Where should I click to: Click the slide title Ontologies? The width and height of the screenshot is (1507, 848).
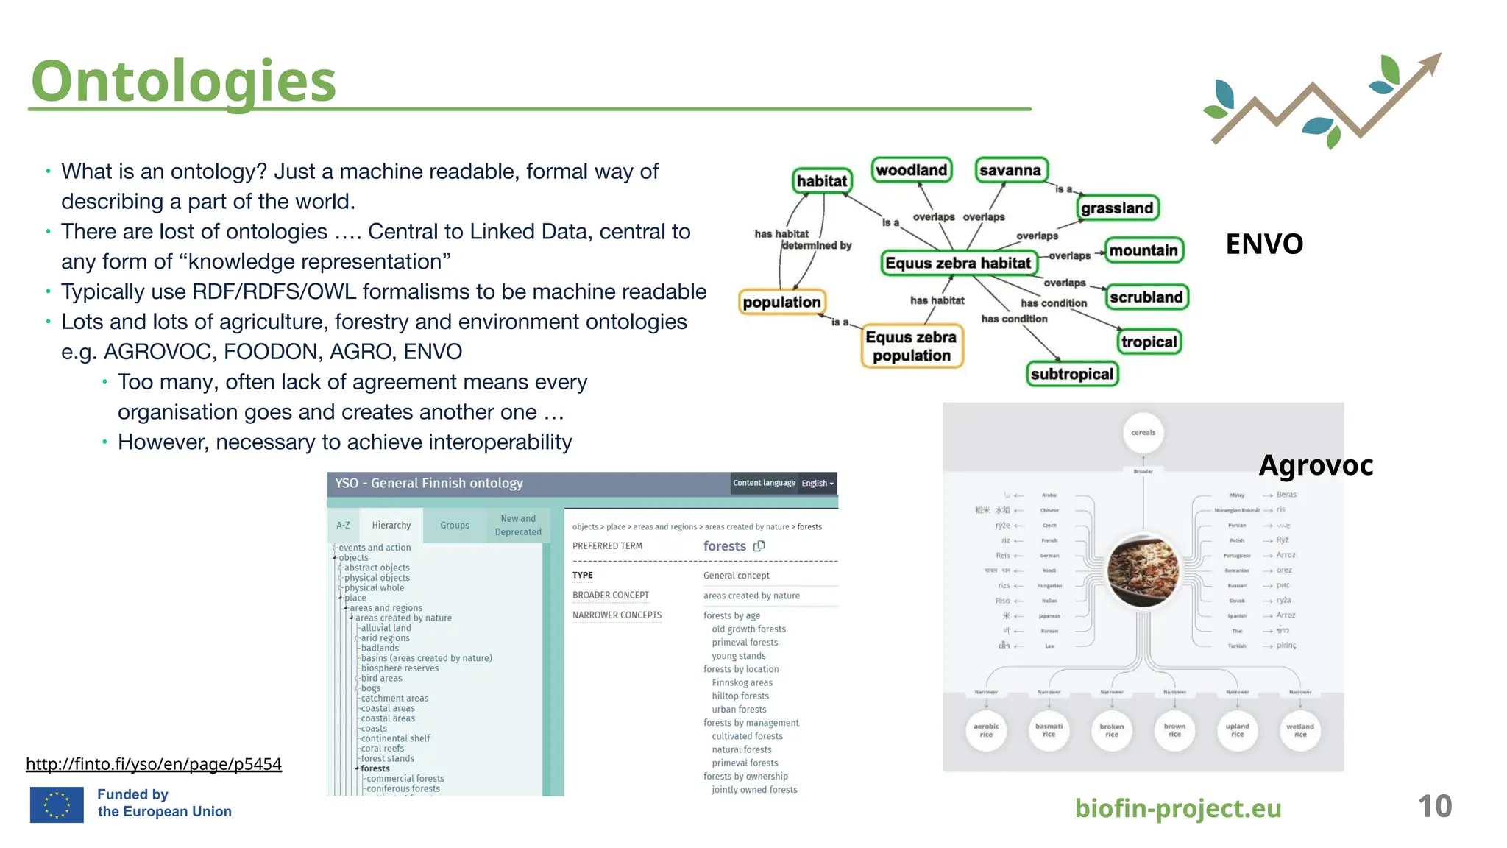point(183,81)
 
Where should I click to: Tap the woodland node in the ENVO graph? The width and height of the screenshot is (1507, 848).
point(911,170)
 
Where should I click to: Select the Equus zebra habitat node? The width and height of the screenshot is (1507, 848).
point(958,263)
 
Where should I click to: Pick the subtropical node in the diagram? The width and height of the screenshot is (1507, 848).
point(1071,374)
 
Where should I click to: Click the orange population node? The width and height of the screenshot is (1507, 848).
point(781,302)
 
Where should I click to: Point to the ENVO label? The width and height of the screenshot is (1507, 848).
point(1264,244)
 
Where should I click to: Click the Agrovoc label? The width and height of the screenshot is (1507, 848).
point(1316,465)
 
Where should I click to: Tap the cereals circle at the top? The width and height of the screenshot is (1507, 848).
point(1143,433)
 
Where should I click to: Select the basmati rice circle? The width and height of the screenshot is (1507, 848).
point(1049,729)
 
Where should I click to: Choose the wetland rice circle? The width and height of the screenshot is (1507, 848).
point(1300,729)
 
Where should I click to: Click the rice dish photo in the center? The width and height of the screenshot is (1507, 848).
point(1143,570)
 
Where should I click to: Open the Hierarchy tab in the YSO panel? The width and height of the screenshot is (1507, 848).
point(391,526)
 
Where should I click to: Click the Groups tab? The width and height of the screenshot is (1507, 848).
point(455,526)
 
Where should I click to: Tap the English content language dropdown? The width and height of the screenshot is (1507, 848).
point(818,483)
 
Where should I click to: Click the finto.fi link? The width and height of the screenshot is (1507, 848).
point(154,764)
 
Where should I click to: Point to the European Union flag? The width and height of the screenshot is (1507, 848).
point(57,805)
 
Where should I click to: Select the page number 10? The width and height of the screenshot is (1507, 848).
point(1434,807)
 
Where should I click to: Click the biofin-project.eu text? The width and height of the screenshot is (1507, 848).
point(1178,808)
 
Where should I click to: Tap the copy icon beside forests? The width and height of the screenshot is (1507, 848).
point(759,546)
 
